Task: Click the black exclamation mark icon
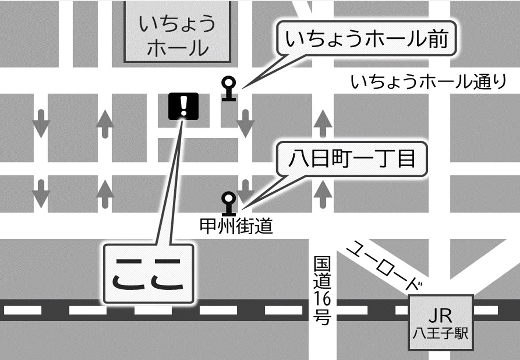click(x=183, y=106)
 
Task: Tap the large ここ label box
click(x=148, y=274)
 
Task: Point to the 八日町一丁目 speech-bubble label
click(x=352, y=160)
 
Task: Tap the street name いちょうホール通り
click(x=429, y=82)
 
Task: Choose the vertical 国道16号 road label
click(x=322, y=290)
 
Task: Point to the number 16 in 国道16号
click(x=322, y=298)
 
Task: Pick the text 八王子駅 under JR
click(x=440, y=333)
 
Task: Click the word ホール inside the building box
click(x=177, y=48)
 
